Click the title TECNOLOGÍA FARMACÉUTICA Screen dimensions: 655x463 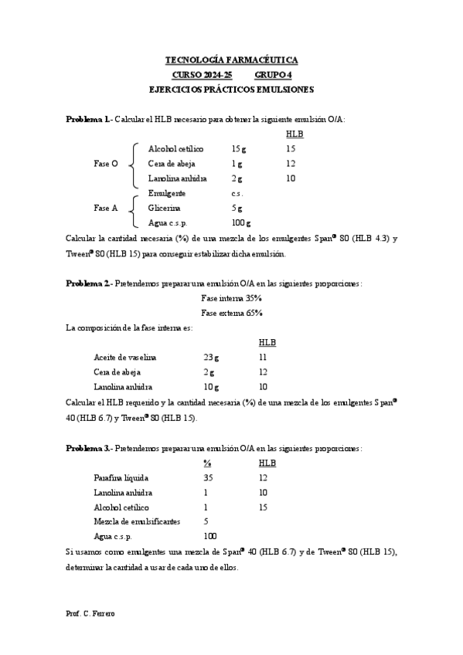point(232,59)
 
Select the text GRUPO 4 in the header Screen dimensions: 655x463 point(274,74)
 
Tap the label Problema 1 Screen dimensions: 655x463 point(87,119)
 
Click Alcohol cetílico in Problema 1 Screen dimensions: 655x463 point(175,148)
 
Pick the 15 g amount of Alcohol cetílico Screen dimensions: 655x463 point(238,148)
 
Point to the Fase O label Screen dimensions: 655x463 point(106,164)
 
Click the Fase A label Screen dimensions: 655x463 point(106,208)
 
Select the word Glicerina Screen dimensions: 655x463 point(165,208)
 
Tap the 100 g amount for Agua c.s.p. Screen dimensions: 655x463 point(241,222)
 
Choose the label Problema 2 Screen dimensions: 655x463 point(87,283)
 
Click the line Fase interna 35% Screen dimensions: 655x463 point(231,298)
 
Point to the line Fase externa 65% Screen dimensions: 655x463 point(231,313)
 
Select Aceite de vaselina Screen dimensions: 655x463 point(124,358)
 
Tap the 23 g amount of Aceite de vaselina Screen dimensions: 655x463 point(211,358)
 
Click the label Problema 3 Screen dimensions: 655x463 point(87,447)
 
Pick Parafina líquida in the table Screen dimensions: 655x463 point(121,477)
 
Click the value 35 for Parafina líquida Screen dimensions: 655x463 point(209,477)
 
